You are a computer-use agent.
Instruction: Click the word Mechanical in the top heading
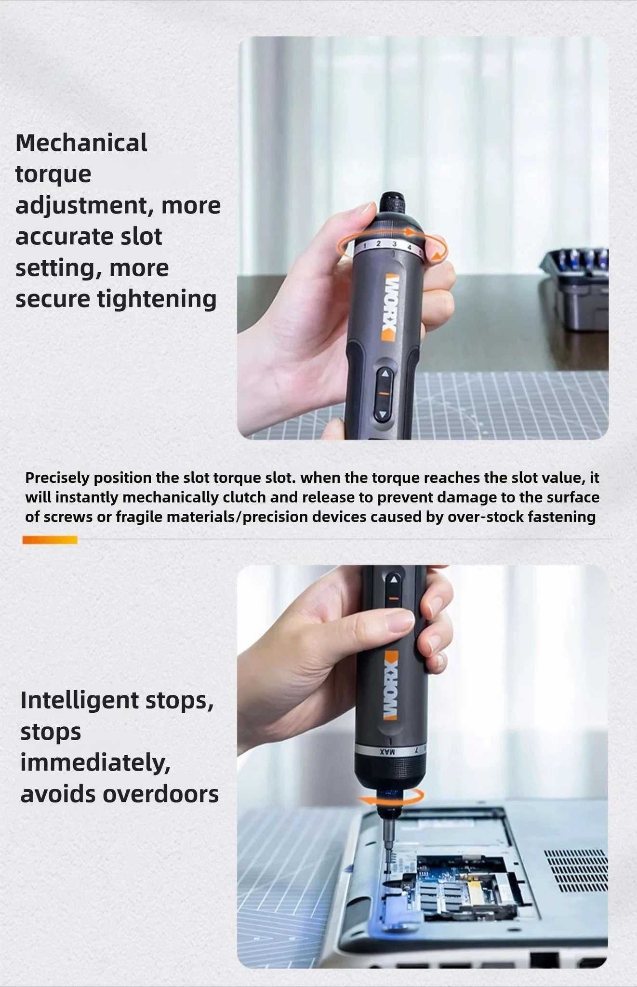[81, 143]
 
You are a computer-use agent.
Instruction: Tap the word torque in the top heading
[53, 174]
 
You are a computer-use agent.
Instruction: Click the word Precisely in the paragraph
[57, 478]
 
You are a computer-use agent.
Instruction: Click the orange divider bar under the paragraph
[50, 540]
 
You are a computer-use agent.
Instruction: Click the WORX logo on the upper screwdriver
[390, 307]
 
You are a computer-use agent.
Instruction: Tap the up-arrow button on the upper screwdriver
[385, 373]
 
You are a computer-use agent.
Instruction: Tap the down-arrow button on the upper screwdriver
[383, 414]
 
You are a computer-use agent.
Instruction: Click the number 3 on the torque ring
[394, 244]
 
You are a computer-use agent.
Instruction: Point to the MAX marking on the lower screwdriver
[387, 751]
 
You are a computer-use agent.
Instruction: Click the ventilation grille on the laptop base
[576, 870]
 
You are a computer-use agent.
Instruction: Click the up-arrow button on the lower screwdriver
[394, 580]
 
